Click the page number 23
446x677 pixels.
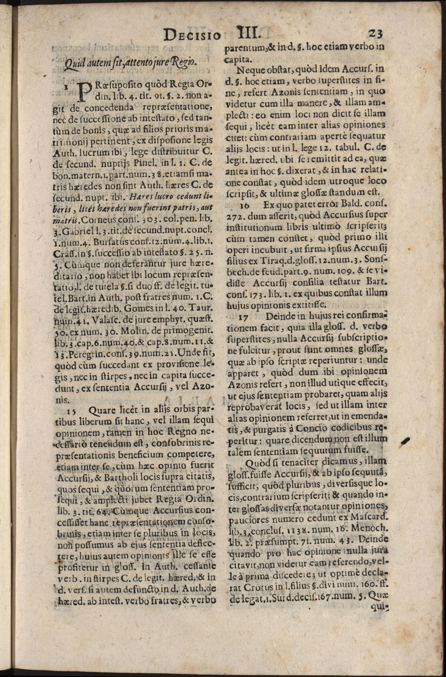[x=376, y=34]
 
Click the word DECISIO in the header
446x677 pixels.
[x=193, y=34]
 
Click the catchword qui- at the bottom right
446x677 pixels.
[x=380, y=607]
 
